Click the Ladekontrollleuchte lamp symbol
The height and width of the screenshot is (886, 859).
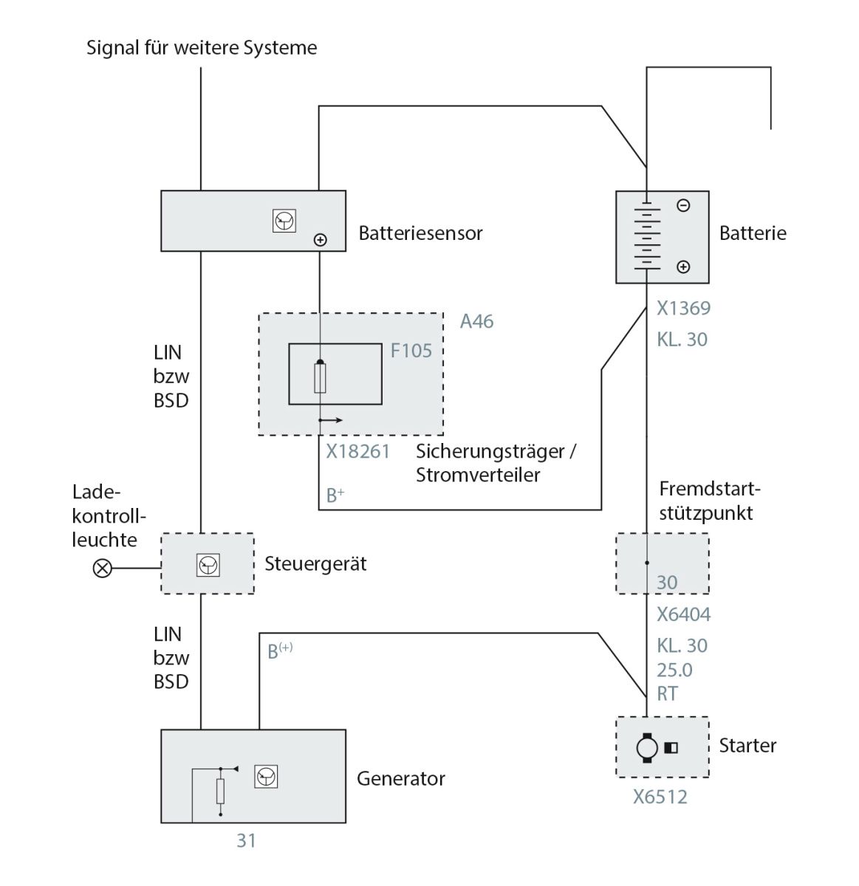click(x=102, y=568)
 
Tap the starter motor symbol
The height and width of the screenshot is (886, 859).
click(x=646, y=747)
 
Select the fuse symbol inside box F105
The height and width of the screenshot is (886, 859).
click(x=319, y=378)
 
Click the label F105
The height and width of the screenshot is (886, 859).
click(x=411, y=351)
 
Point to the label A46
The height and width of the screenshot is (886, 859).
click(x=476, y=321)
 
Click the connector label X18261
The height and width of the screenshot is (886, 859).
click(x=357, y=451)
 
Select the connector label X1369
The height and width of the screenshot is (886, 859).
click(x=683, y=308)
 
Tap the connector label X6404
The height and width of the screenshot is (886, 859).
click(x=683, y=614)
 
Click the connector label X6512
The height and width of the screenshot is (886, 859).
click(x=660, y=797)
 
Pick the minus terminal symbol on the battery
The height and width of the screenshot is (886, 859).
click(x=683, y=206)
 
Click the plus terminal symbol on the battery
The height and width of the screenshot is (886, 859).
click(x=683, y=267)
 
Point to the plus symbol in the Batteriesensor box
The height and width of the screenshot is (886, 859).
click(x=320, y=239)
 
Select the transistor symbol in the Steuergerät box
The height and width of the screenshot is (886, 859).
click(x=208, y=566)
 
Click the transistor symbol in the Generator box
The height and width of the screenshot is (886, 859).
click(x=266, y=776)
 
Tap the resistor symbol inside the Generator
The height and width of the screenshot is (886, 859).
click(x=220, y=791)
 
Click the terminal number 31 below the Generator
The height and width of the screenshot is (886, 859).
click(x=246, y=840)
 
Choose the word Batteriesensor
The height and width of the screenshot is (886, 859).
click(x=420, y=233)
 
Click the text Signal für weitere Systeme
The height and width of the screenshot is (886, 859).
click(x=202, y=48)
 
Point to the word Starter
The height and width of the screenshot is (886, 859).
click(x=747, y=745)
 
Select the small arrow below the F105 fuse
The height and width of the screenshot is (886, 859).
click(x=331, y=420)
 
